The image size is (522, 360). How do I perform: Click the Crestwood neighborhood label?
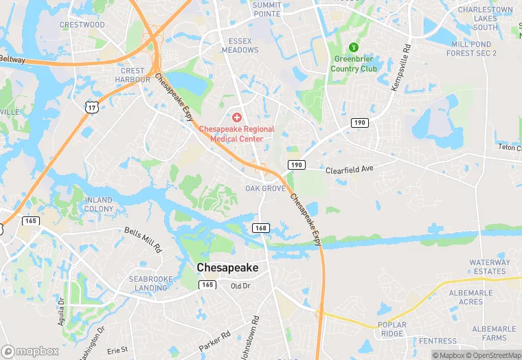pos(82,25)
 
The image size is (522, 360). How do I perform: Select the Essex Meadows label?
pos(240,45)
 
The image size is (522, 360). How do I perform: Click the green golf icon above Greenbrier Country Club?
pos(354,47)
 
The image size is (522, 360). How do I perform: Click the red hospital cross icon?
pos(237,118)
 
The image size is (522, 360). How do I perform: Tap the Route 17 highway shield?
pos(91,106)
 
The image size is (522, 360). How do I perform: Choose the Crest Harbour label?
pos(133,75)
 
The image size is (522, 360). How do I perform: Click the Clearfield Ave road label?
pos(349,169)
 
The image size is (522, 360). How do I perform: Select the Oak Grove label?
pos(265,188)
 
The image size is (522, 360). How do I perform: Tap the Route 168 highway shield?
pos(260,228)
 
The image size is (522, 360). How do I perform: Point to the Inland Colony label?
pos(99,204)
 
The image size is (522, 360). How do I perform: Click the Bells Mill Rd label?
pos(143,239)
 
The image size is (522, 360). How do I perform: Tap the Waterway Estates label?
pos(490,267)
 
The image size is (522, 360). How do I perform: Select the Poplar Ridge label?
pos(391,329)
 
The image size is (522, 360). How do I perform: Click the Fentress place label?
pos(438,341)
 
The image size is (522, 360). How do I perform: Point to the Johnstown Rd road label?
pos(257,335)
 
